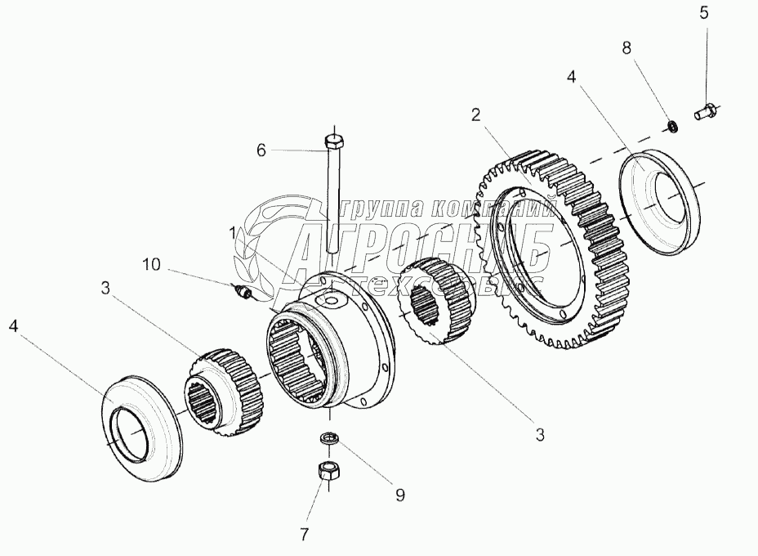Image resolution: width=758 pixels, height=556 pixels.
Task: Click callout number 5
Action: pos(703,12)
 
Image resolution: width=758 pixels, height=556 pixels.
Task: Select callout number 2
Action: pos(474,114)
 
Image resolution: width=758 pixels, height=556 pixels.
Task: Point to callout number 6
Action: pos(261,150)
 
